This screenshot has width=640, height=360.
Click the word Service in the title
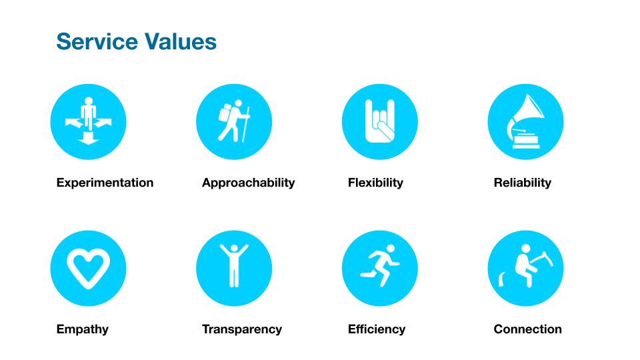[97, 41]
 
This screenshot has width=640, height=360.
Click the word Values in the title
[180, 41]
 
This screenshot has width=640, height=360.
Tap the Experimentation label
[105, 183]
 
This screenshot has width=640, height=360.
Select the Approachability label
[248, 183]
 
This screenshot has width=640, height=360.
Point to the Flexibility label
[375, 183]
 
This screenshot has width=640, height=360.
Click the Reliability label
[523, 183]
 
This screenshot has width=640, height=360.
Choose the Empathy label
[83, 329]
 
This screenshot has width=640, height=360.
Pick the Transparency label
[242, 329]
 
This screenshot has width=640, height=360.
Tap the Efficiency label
[376, 329]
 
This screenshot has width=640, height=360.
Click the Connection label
[527, 329]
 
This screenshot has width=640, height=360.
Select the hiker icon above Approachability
[234, 121]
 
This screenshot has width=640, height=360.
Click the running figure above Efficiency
[380, 265]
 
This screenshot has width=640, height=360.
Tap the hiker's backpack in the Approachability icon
[225, 113]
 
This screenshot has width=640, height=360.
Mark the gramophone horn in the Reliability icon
[531, 108]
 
